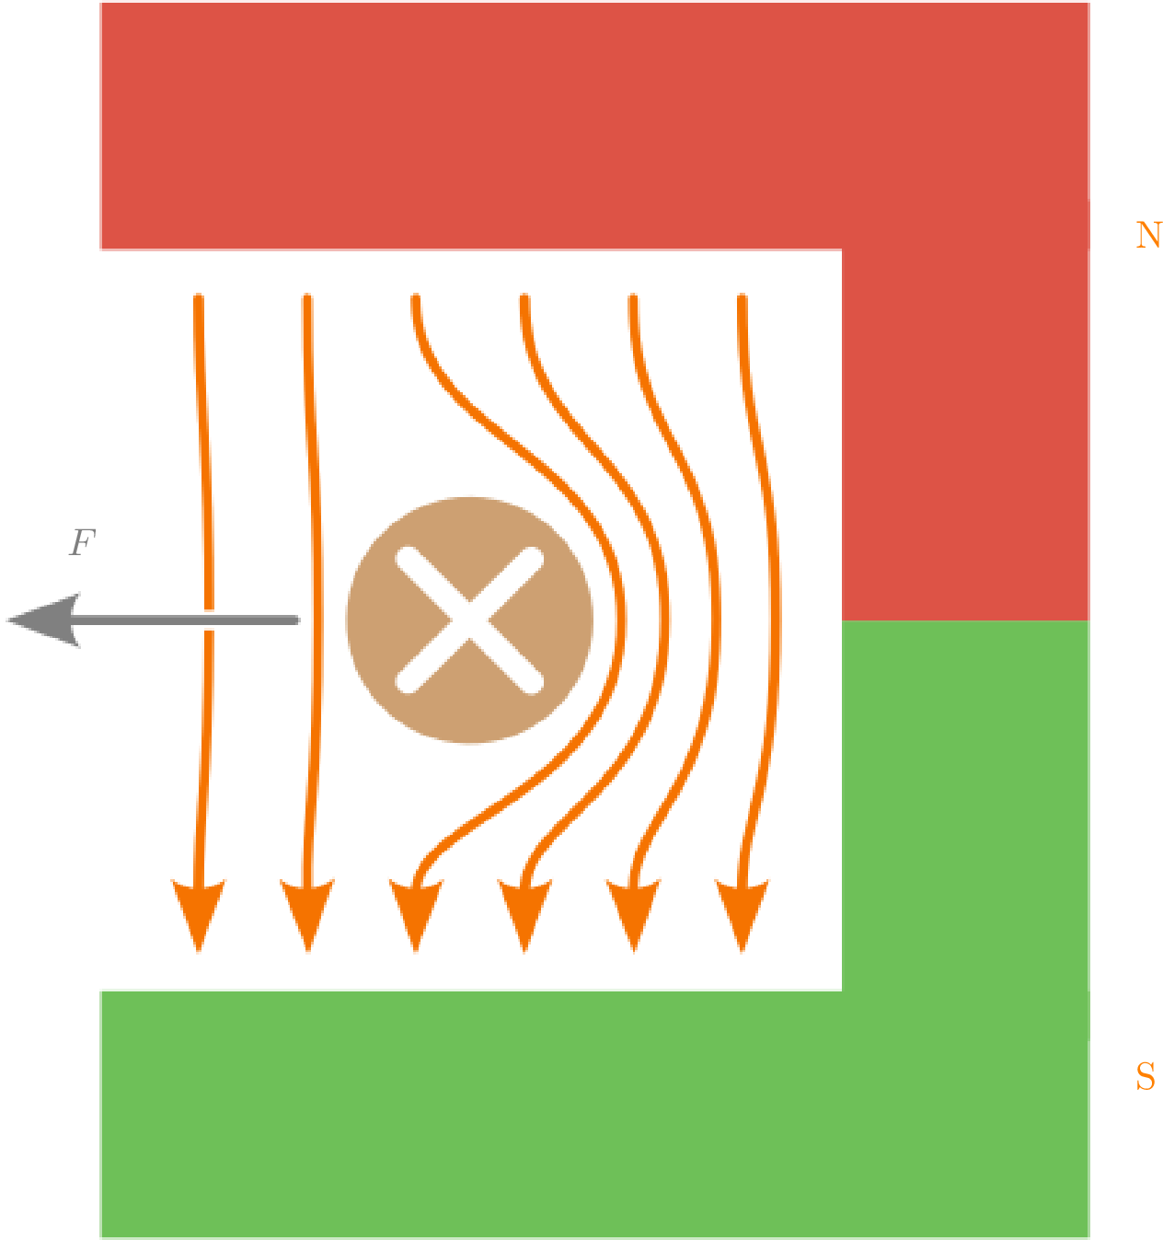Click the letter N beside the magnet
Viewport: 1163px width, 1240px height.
1147,236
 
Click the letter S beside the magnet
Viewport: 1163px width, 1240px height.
1146,1076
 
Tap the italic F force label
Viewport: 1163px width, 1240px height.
83,542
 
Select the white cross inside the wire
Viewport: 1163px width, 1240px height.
469,620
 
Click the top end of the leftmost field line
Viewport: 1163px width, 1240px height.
199,297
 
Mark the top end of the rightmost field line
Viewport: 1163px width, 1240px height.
742,297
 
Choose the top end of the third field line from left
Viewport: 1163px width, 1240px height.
416,297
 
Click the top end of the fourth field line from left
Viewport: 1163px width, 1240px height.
524,297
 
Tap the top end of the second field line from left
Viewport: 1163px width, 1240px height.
307,297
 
